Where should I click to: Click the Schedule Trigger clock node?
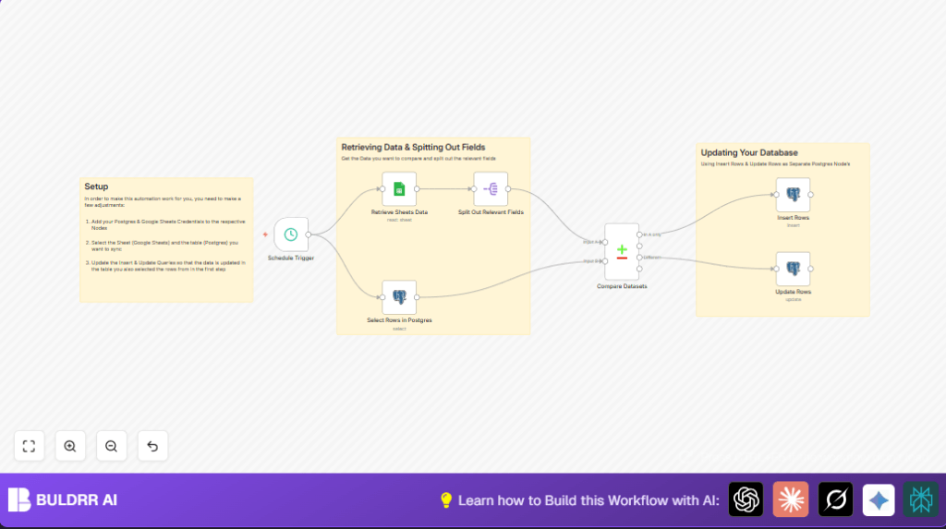(x=291, y=234)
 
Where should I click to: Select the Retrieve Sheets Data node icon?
(x=399, y=189)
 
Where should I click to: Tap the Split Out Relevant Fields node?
(x=491, y=189)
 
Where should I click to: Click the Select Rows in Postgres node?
(x=399, y=297)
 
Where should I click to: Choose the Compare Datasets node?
(x=622, y=251)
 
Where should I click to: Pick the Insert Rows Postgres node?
(x=793, y=195)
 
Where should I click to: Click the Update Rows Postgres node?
(x=793, y=269)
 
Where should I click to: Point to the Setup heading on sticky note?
(x=97, y=186)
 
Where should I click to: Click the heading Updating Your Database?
(x=749, y=152)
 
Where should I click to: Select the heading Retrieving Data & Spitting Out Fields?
(x=413, y=147)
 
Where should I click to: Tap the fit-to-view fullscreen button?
(x=29, y=446)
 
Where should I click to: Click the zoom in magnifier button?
(x=70, y=446)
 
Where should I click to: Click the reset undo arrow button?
(x=152, y=446)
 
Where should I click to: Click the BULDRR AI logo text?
(x=77, y=500)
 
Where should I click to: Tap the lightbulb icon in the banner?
(x=446, y=500)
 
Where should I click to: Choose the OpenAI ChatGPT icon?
(x=746, y=499)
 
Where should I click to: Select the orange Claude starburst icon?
(x=790, y=499)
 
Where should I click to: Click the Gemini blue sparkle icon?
(x=879, y=499)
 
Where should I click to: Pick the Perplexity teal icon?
(x=921, y=499)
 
